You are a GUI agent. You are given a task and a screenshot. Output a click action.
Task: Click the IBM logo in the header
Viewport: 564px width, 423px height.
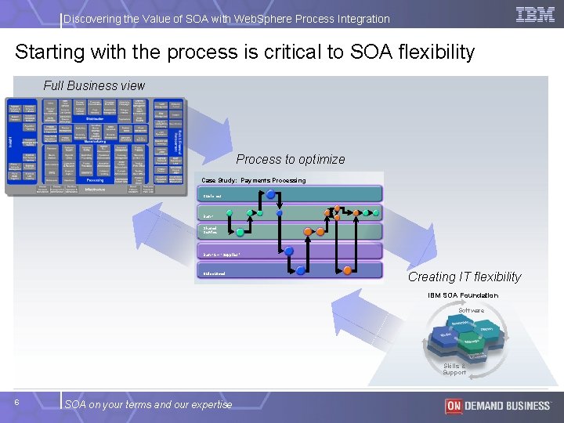click(x=536, y=14)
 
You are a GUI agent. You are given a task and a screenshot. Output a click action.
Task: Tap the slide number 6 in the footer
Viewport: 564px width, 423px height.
click(x=17, y=402)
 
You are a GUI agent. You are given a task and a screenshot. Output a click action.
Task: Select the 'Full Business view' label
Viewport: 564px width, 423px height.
click(x=94, y=85)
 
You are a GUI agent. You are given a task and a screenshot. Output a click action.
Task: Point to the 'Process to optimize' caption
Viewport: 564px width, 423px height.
click(x=290, y=159)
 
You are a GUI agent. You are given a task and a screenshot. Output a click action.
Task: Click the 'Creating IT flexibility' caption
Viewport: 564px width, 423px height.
click(x=464, y=277)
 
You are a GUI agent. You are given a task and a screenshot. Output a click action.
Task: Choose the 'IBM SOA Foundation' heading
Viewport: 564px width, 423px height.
click(x=462, y=295)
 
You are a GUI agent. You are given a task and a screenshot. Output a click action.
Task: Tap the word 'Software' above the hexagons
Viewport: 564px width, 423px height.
click(x=471, y=310)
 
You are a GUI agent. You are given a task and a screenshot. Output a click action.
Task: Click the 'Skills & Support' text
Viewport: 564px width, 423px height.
click(x=454, y=369)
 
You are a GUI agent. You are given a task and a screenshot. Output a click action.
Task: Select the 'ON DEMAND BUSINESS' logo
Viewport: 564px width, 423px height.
click(x=497, y=405)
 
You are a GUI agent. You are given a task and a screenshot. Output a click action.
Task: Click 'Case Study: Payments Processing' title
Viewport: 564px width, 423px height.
click(x=254, y=180)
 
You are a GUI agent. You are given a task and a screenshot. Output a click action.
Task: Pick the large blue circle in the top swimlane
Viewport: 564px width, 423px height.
click(x=271, y=193)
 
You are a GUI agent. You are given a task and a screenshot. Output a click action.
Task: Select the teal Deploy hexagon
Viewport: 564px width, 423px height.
click(x=486, y=328)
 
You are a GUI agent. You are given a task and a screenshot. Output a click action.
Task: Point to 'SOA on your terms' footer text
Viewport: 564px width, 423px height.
click(x=148, y=404)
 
